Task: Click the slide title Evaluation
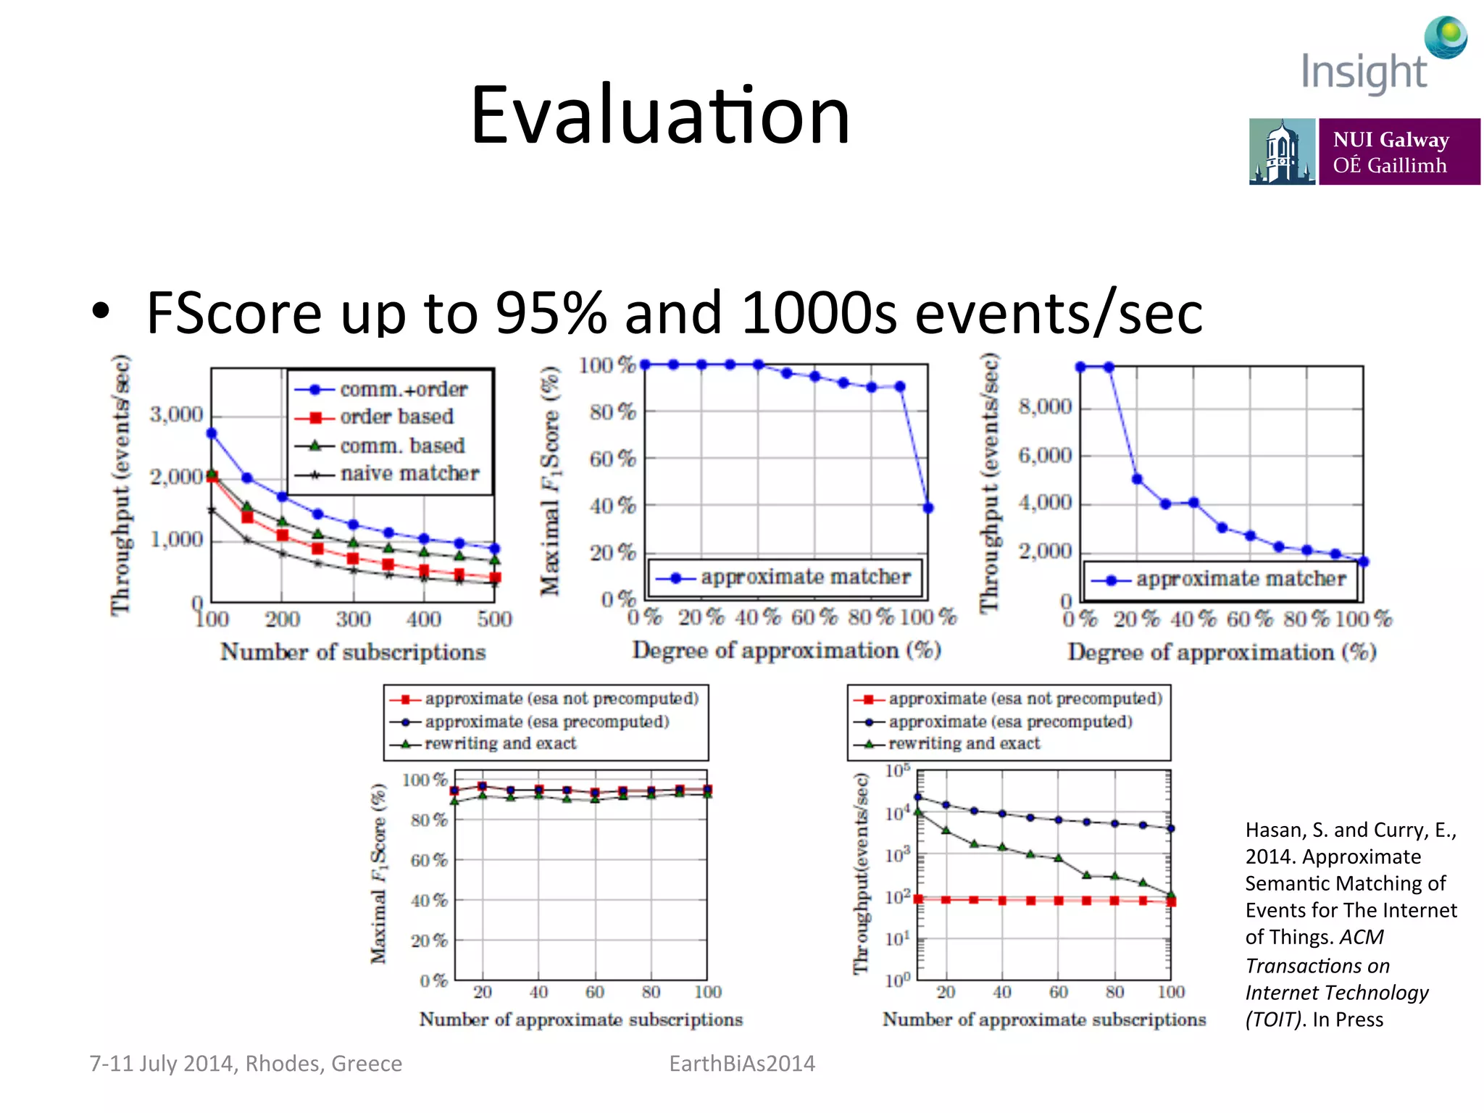click(659, 116)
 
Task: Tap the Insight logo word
click(1364, 72)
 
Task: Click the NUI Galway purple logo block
click(1398, 152)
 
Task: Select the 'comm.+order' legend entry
click(403, 390)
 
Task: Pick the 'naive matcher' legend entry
click(409, 474)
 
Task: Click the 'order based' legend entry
click(396, 417)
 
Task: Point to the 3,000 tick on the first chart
click(176, 414)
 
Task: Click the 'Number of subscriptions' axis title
click(353, 652)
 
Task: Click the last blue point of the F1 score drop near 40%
click(928, 508)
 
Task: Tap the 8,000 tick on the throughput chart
click(1045, 407)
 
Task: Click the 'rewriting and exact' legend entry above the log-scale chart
click(964, 743)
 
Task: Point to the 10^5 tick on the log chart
click(898, 771)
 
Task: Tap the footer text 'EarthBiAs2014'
click(742, 1064)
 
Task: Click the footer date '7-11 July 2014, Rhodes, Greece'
click(246, 1064)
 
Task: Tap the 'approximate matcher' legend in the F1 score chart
click(805, 578)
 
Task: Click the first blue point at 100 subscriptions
click(212, 433)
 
